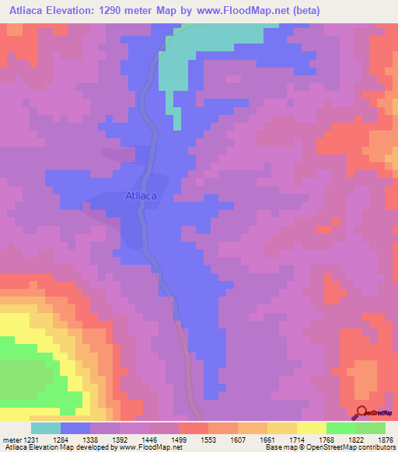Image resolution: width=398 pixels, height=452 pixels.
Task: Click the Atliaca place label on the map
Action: coord(141,196)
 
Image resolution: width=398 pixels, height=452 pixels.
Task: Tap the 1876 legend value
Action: coord(385,439)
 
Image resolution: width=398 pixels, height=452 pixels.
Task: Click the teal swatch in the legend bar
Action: coord(46,428)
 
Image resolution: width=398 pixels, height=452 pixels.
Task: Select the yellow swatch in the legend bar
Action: coord(311,428)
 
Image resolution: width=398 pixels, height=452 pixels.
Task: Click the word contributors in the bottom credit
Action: coord(376,447)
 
